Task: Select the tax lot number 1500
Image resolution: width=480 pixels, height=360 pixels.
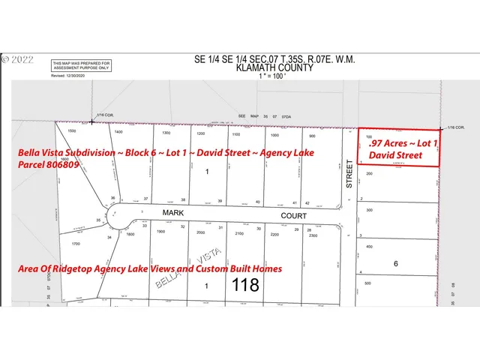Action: pyautogui.click(x=72, y=131)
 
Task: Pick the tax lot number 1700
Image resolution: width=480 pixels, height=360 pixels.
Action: pyautogui.click(x=76, y=243)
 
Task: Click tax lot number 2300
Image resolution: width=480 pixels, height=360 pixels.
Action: pyautogui.click(x=311, y=235)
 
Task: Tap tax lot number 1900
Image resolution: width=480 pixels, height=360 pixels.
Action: pyautogui.click(x=160, y=233)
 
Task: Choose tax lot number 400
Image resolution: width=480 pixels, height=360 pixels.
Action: pyautogui.click(x=368, y=246)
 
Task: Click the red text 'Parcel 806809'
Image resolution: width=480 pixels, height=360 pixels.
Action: pyautogui.click(x=49, y=166)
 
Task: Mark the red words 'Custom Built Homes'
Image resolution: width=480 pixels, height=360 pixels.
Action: pyautogui.click(x=240, y=268)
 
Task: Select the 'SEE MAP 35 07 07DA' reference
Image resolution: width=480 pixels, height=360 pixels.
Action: pyautogui.click(x=268, y=116)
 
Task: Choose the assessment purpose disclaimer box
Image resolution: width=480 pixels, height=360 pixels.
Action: pyautogui.click(x=82, y=66)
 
